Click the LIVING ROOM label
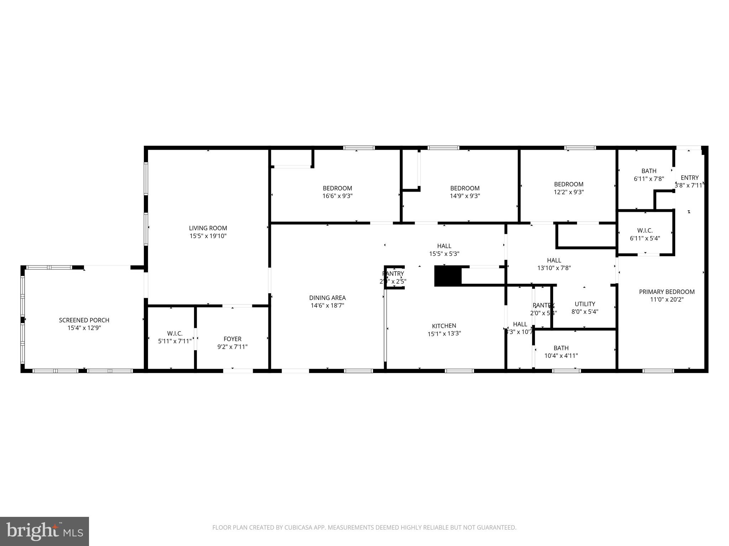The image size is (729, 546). coord(208,228)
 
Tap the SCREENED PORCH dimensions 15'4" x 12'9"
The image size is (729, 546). coord(84,328)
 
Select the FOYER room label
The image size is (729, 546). coord(232,339)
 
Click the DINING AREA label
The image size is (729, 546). coord(327,298)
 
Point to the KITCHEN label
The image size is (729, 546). coord(444,326)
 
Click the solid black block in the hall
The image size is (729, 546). coord(448,276)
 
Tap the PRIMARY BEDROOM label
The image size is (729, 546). coord(667,292)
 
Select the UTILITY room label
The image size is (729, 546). coord(585,304)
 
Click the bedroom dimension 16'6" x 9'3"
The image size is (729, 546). coord(337,196)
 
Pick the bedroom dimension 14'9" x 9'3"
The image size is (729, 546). coord(465,196)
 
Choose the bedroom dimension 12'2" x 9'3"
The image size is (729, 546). coord(568,192)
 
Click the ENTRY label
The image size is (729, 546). coord(689,178)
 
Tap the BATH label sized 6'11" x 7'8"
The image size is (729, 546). coord(649,171)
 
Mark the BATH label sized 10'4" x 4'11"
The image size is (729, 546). coord(561,348)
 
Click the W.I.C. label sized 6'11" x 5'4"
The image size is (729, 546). coord(645,231)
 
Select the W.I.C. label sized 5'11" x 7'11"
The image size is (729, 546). coord(175,333)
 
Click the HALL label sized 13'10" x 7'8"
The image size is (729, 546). coord(554,260)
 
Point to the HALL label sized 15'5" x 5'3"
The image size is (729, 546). coord(444,246)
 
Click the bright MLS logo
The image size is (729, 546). coord(44,531)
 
